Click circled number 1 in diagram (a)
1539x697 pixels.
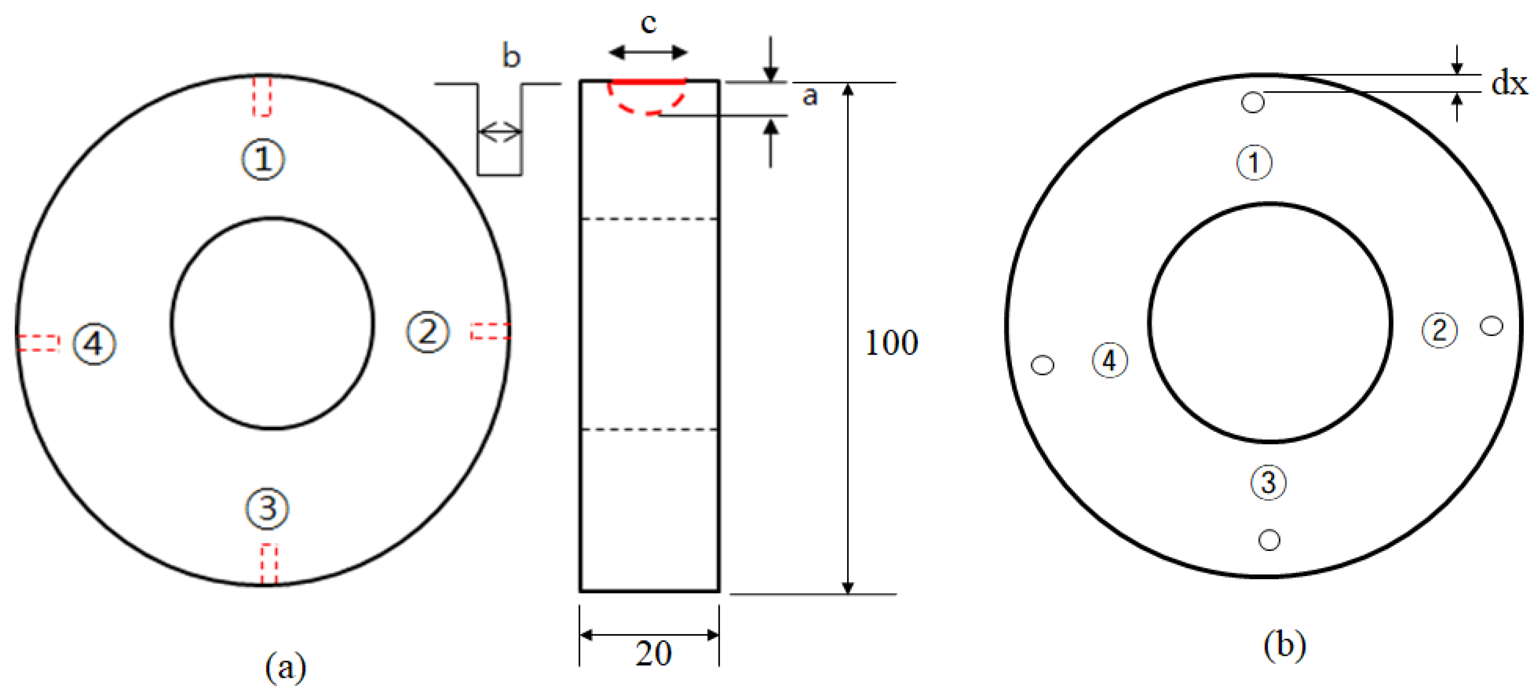[x=263, y=159]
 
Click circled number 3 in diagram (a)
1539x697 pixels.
[x=267, y=509]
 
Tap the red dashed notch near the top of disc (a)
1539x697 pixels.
[x=262, y=95]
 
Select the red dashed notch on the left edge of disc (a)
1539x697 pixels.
[x=38, y=343]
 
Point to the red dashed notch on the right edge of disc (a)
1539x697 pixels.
[x=490, y=331]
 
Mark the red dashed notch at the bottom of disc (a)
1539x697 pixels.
[x=269, y=563]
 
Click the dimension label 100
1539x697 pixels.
[x=891, y=343]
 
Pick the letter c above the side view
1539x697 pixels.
[x=648, y=23]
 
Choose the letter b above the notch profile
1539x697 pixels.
[x=511, y=56]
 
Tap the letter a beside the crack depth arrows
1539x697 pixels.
[x=809, y=95]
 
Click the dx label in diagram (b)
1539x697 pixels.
[x=1509, y=82]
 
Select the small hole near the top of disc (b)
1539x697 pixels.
[x=1253, y=102]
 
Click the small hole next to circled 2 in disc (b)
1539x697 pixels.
[x=1492, y=326]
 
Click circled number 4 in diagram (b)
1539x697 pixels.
[x=1110, y=360]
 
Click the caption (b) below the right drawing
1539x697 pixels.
[x=1284, y=645]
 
